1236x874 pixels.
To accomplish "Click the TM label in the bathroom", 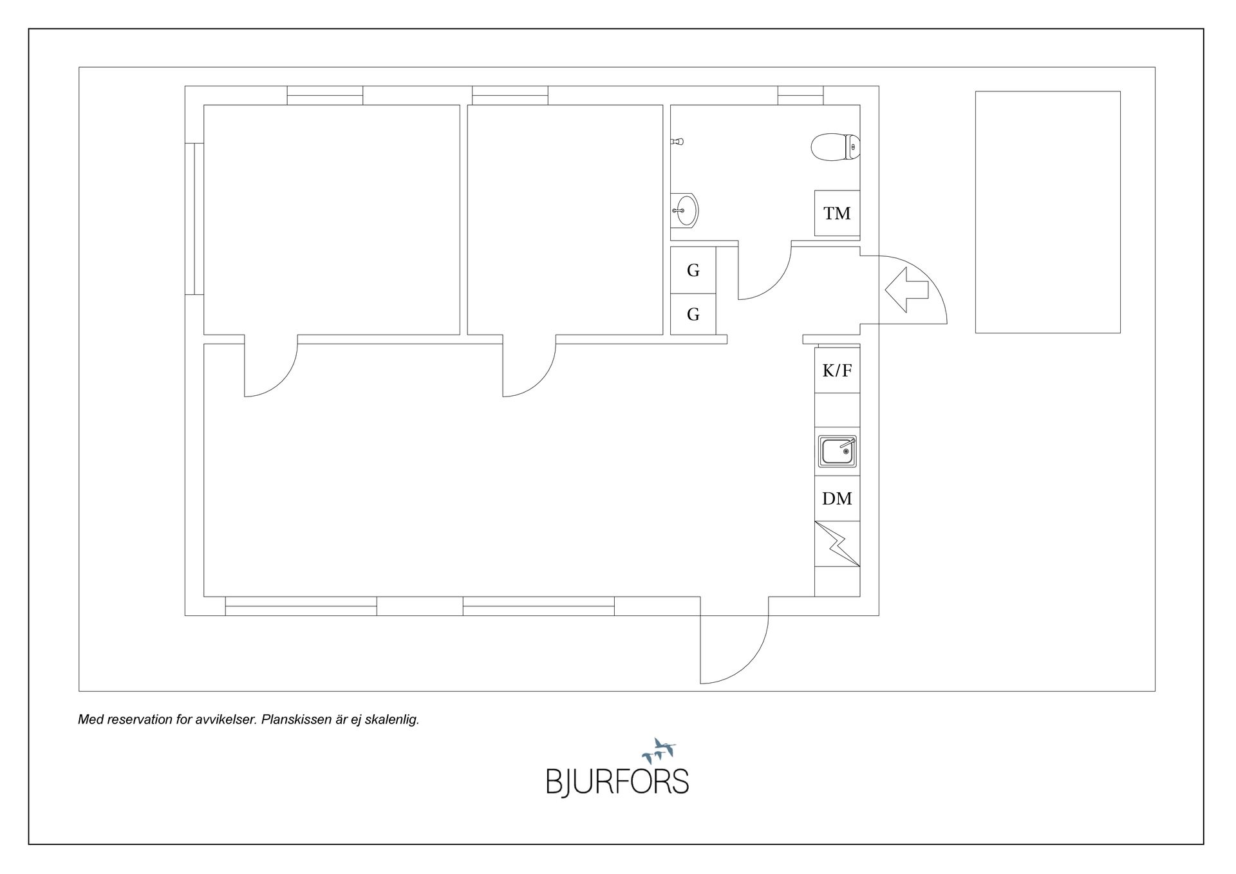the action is coord(837,213).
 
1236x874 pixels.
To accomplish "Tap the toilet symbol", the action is coord(836,147).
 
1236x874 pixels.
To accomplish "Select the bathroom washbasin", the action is coord(684,210).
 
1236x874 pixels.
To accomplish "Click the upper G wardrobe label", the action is coord(693,270).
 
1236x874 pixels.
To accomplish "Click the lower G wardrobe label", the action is coord(693,314).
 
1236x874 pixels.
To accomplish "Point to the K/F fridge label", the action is coord(837,370).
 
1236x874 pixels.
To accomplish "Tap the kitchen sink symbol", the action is coord(838,451).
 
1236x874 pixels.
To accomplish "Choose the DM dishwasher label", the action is coord(837,498).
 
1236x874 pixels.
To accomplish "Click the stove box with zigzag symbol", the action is coord(837,544).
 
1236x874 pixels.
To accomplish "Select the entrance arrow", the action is coord(906,290).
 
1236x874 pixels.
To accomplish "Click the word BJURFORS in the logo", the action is coord(617,781).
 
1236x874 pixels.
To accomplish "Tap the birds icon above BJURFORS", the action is coord(659,750).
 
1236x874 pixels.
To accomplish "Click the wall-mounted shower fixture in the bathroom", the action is coord(676,141).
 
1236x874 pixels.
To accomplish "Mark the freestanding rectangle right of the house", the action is coord(1047,212).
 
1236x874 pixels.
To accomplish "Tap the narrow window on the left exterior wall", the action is coord(194,219).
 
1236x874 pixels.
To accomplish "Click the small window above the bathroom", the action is coord(800,95).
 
